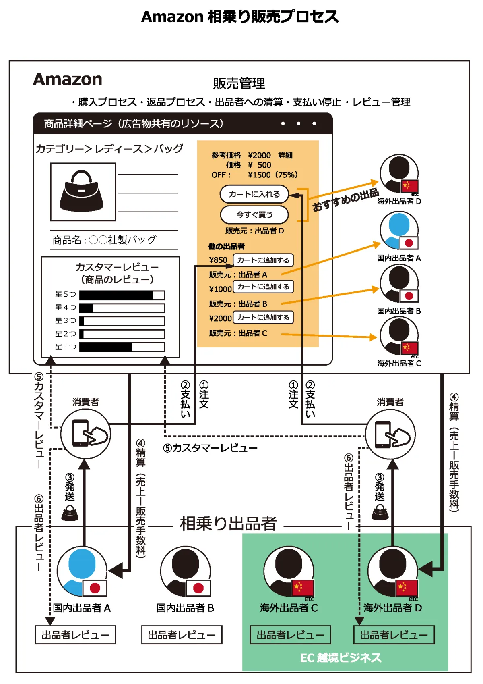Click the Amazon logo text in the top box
click(x=68, y=79)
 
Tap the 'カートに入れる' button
click(x=254, y=194)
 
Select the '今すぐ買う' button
click(x=254, y=215)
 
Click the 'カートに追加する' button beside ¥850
click(x=263, y=260)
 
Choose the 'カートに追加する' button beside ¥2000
click(x=263, y=318)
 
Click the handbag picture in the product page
click(x=83, y=192)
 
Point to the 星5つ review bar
click(x=122, y=295)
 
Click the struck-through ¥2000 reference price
click(x=259, y=155)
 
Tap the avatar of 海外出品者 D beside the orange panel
click(x=398, y=173)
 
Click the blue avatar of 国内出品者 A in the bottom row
click(x=82, y=570)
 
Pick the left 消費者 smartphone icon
click(x=85, y=434)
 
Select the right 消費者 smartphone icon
click(x=390, y=435)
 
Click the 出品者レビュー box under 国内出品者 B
click(x=182, y=635)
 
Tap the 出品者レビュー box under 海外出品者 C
click(x=290, y=635)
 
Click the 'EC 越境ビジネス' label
click(x=341, y=658)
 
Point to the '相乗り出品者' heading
click(x=228, y=524)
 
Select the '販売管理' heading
click(x=239, y=83)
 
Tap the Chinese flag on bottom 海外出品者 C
click(x=303, y=588)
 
